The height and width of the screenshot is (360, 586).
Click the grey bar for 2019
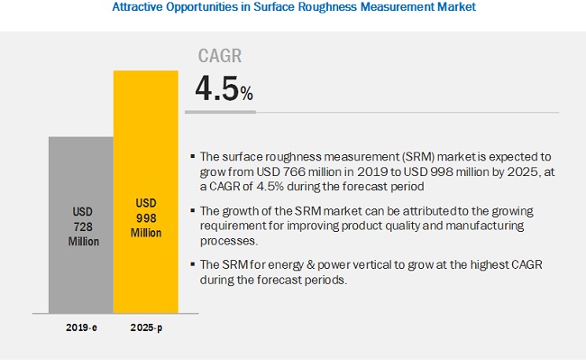tap(81, 225)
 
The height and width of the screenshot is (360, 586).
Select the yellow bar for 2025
tap(146, 192)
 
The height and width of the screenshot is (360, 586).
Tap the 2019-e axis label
tap(81, 328)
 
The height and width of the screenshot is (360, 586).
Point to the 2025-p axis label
tap(146, 328)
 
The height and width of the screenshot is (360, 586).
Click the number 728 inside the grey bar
tap(83, 226)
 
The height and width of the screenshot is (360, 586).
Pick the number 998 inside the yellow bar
tap(146, 218)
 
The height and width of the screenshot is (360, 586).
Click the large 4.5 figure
tap(217, 88)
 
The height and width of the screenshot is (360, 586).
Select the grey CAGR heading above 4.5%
tap(220, 56)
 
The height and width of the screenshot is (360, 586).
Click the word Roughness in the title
tap(323, 6)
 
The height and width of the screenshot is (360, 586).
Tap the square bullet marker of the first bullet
tap(193, 156)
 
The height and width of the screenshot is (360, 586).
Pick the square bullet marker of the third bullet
tap(193, 264)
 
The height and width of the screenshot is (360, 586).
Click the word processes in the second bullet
tap(228, 241)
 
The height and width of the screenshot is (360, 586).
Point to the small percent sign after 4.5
tap(247, 94)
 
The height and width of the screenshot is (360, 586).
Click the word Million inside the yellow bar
tap(146, 233)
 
